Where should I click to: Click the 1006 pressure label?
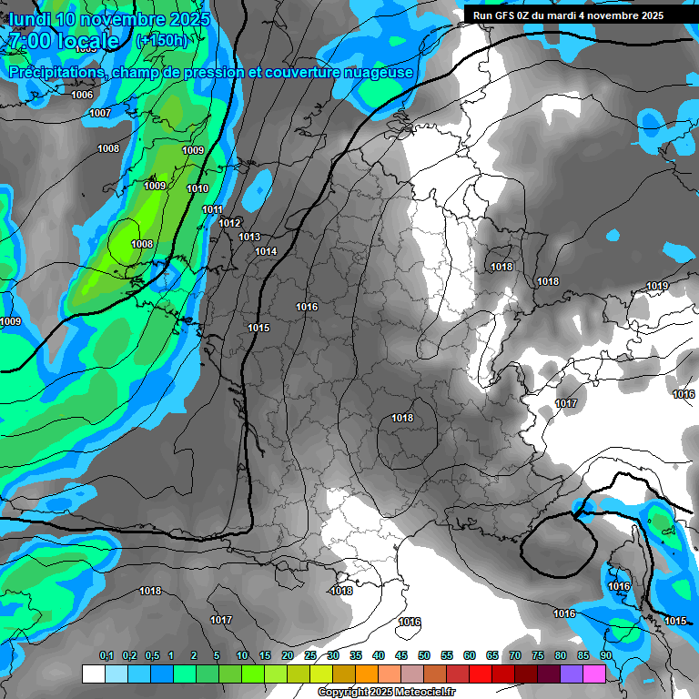pyautogui.click(x=82, y=95)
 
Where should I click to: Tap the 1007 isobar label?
pyautogui.click(x=100, y=113)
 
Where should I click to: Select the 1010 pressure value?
pyautogui.click(x=198, y=188)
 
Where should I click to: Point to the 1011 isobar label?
pyautogui.click(x=212, y=209)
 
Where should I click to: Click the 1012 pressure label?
pyautogui.click(x=229, y=223)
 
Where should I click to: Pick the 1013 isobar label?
pyautogui.click(x=249, y=237)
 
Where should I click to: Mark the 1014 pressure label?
pyautogui.click(x=266, y=251)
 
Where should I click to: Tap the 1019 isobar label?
pyautogui.click(x=657, y=287)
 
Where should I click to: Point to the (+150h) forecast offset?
pyautogui.click(x=161, y=41)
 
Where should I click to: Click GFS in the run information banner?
pyautogui.click(x=507, y=15)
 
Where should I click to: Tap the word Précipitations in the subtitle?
pyautogui.click(x=56, y=72)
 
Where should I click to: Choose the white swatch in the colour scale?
pyautogui.click(x=93, y=674)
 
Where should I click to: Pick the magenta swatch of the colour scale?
pyautogui.click(x=593, y=674)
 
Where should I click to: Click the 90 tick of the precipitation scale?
pyautogui.click(x=605, y=655)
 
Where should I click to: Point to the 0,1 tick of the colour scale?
pyautogui.click(x=106, y=655)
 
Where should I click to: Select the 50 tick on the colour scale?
pyautogui.click(x=424, y=655)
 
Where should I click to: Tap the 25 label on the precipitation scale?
pyautogui.click(x=310, y=655)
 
